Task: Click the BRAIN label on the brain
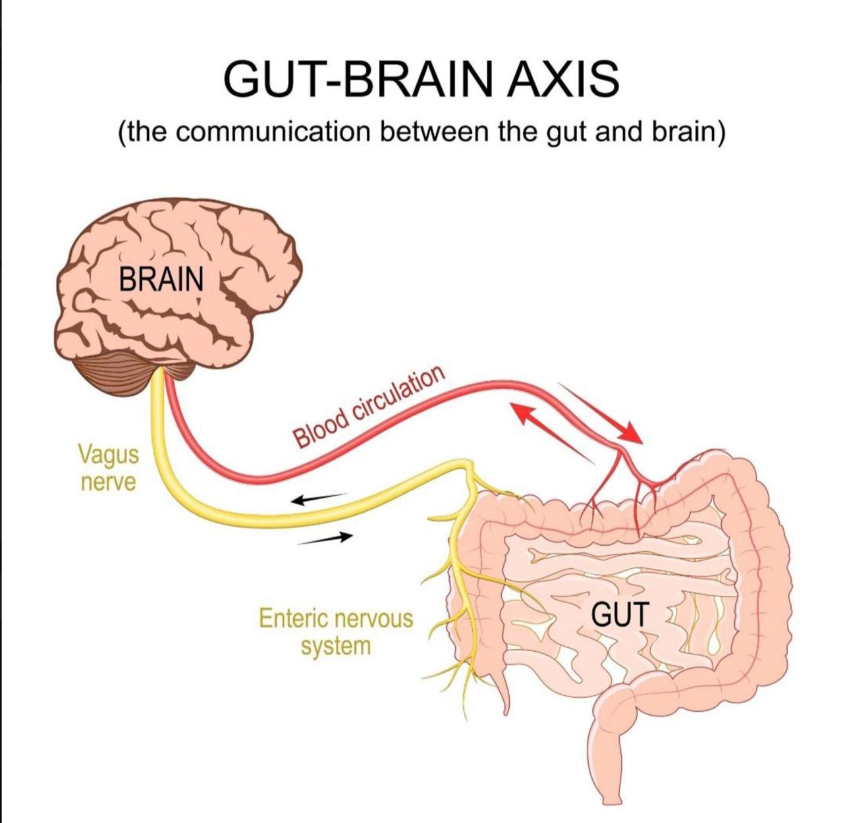click(161, 279)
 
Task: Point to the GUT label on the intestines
click(620, 614)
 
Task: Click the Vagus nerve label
click(109, 467)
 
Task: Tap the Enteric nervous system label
click(336, 631)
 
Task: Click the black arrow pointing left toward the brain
click(319, 498)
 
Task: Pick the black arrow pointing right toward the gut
click(326, 539)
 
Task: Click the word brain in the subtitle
click(685, 132)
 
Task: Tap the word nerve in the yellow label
click(109, 482)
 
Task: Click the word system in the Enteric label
click(336, 646)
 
